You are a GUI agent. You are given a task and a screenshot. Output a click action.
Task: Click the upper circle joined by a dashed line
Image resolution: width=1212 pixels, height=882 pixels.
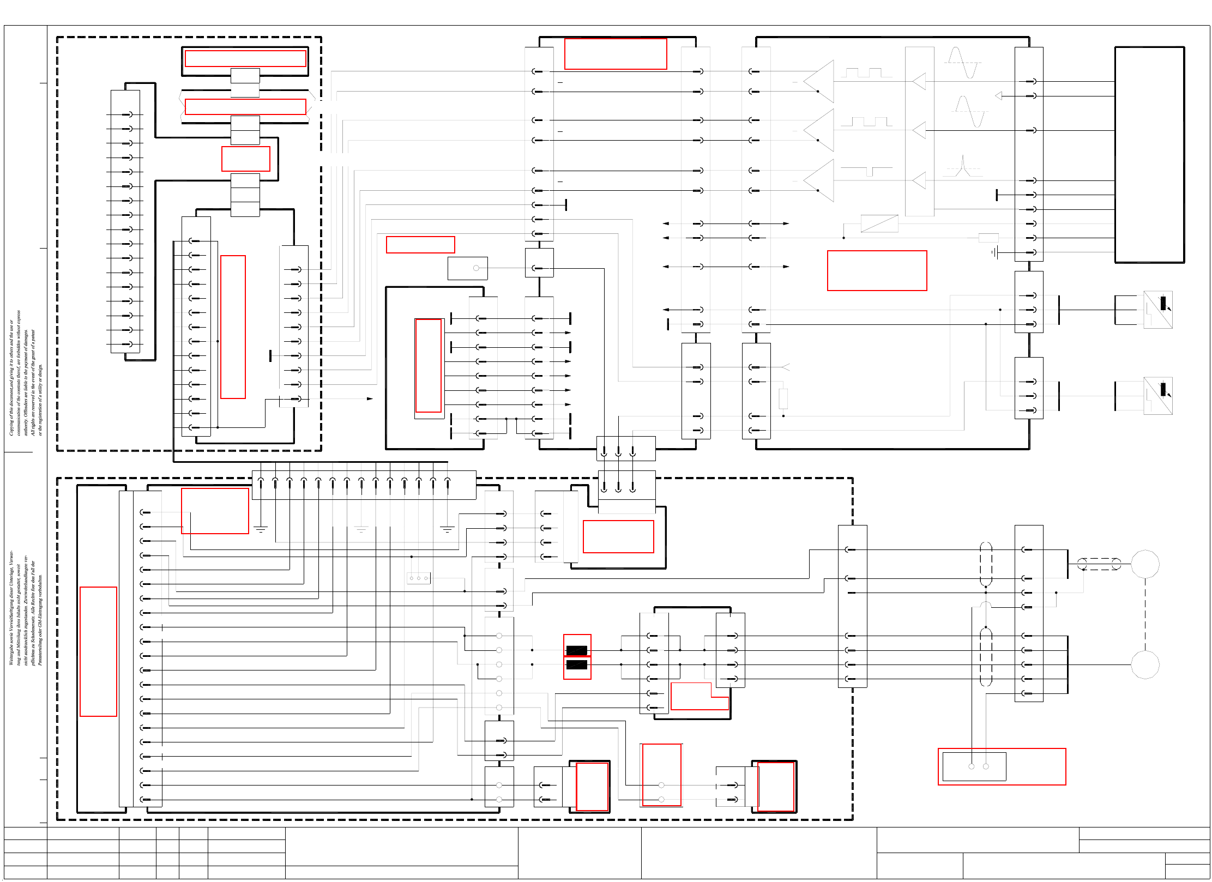pyautogui.click(x=1144, y=564)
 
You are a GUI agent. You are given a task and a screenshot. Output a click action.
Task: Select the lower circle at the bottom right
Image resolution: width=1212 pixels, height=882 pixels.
pyautogui.click(x=1144, y=664)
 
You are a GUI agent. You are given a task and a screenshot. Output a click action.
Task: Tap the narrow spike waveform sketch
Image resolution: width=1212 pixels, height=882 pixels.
pyautogui.click(x=963, y=166)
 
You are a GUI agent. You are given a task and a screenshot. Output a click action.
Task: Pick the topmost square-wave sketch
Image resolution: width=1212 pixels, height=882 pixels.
pyautogui.click(x=867, y=73)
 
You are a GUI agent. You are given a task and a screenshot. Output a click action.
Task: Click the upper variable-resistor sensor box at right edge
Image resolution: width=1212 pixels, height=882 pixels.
pyautogui.click(x=1157, y=310)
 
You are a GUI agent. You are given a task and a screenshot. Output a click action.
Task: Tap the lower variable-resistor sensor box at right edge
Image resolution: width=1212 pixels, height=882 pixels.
pyautogui.click(x=1157, y=396)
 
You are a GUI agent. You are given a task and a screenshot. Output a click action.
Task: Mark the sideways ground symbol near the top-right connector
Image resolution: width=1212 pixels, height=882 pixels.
pyautogui.click(x=995, y=252)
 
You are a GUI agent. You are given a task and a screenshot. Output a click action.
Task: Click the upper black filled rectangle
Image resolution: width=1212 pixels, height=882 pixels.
pyautogui.click(x=576, y=650)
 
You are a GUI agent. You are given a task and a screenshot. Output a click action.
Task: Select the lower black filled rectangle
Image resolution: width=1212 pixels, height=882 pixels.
pyautogui.click(x=576, y=664)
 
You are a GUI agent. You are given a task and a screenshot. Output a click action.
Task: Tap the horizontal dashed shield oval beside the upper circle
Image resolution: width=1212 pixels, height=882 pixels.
pyautogui.click(x=1099, y=564)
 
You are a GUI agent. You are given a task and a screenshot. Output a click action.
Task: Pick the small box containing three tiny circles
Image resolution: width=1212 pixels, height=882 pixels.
pyautogui.click(x=419, y=578)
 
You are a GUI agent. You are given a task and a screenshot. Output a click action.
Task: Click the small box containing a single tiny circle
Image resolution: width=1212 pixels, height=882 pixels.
pyautogui.click(x=467, y=268)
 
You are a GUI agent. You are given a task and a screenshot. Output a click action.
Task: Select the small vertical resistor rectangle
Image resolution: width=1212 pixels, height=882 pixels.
pyautogui.click(x=783, y=398)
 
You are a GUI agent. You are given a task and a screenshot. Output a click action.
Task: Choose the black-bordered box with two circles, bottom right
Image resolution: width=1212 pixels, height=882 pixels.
pyautogui.click(x=974, y=766)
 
